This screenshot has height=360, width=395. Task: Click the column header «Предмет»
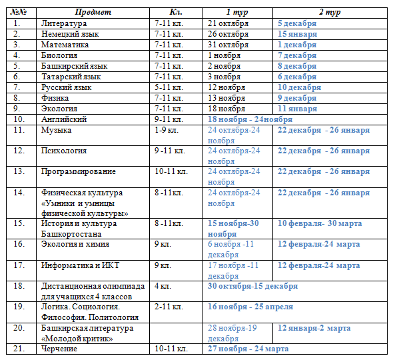click(x=93, y=12)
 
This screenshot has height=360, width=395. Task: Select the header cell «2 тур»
click(x=330, y=12)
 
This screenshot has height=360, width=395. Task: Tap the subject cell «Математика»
click(x=65, y=45)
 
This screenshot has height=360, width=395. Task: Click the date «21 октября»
click(x=228, y=23)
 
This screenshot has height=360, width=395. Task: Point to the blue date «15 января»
click(x=297, y=34)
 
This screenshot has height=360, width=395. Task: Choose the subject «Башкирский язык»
click(x=75, y=66)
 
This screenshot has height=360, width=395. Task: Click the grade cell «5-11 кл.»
click(x=169, y=87)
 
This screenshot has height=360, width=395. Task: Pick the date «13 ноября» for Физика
click(x=226, y=98)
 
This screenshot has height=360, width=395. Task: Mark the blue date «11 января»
click(x=297, y=109)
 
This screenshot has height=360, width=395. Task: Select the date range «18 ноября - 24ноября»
click(x=250, y=119)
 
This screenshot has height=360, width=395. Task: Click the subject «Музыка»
click(x=56, y=130)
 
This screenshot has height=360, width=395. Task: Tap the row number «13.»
click(x=19, y=171)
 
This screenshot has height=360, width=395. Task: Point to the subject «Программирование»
click(x=79, y=171)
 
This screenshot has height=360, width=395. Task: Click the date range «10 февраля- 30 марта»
click(x=320, y=223)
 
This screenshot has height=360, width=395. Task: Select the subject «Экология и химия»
click(x=75, y=244)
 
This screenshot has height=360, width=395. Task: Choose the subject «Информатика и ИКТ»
click(x=80, y=265)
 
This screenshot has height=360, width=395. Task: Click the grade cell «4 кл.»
click(x=163, y=286)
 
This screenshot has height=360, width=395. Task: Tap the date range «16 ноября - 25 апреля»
click(x=250, y=307)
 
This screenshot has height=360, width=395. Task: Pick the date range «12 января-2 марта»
click(x=314, y=328)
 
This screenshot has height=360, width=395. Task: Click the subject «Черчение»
click(x=59, y=349)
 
